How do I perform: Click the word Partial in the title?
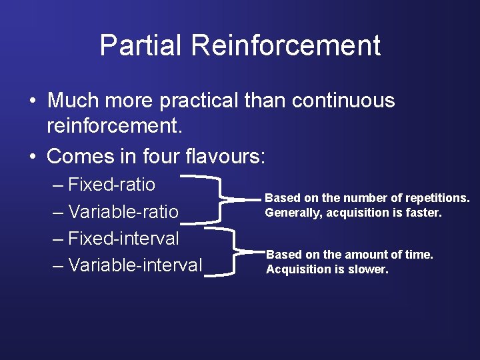coord(141,45)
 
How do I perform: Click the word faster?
coord(424,213)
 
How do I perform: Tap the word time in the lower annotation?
coord(418,255)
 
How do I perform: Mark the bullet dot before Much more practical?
coord(32,101)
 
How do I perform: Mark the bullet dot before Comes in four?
coord(32,157)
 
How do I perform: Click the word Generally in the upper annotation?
coord(293,213)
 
